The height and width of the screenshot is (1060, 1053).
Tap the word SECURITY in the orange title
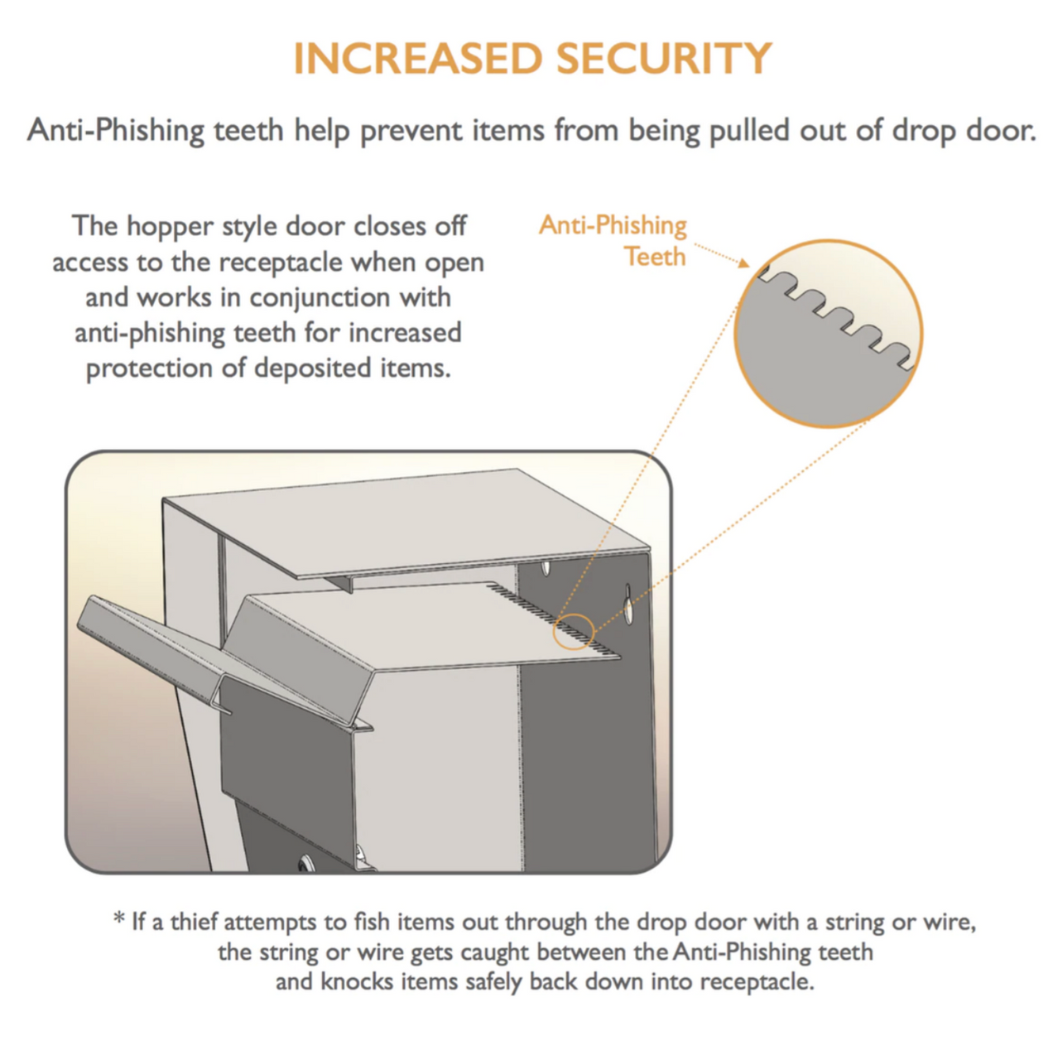(663, 59)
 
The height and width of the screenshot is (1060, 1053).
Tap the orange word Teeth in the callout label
(655, 257)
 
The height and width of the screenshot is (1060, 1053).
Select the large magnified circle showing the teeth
(827, 333)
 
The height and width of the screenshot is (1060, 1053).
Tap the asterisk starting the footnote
(119, 920)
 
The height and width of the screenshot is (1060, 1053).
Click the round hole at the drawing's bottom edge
(306, 865)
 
